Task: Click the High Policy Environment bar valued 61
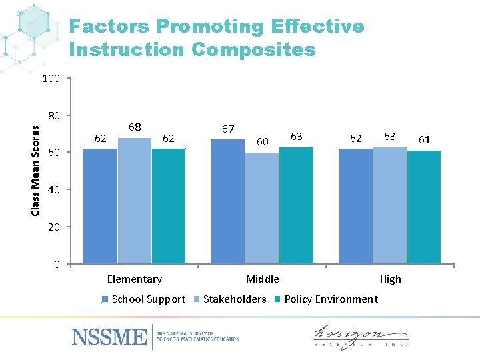coord(423,207)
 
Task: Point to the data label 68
coord(134,127)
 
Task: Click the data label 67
coord(228,129)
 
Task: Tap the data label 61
coord(424,139)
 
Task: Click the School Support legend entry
coord(143,299)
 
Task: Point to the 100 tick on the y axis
coord(51,79)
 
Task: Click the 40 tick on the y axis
coord(53,190)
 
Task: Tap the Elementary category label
coord(134,279)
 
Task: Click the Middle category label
coord(262,279)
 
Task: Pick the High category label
coord(390,279)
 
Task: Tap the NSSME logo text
coord(110,336)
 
